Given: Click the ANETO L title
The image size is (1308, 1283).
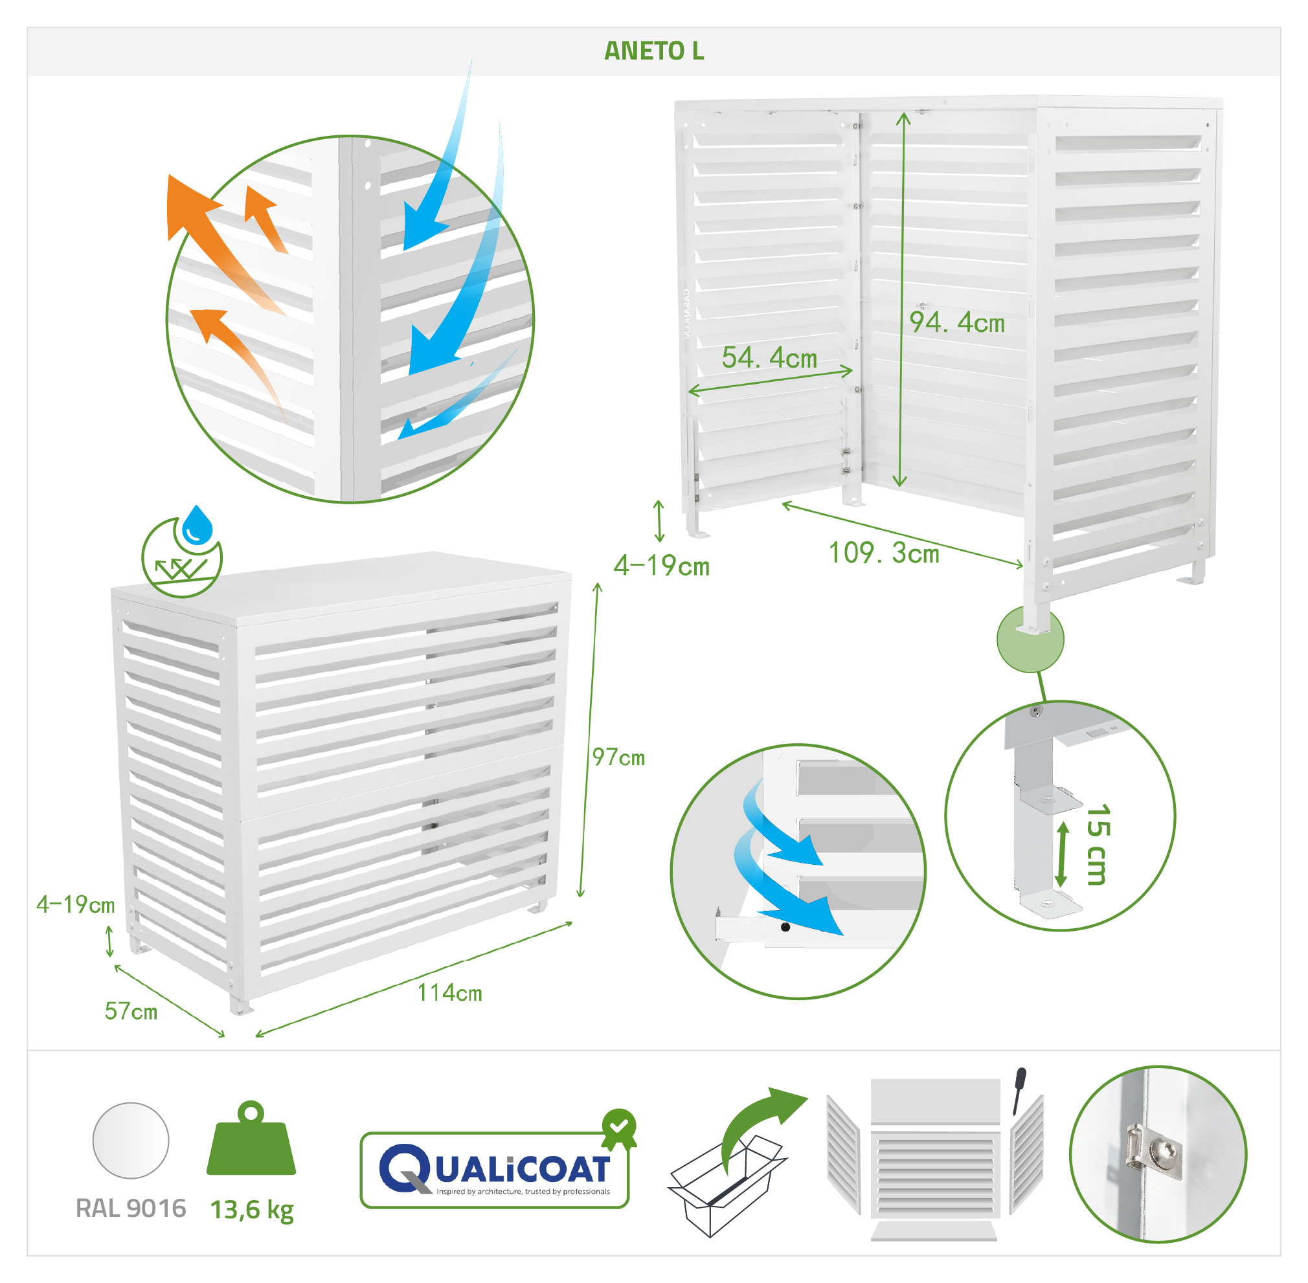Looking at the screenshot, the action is click(x=653, y=51).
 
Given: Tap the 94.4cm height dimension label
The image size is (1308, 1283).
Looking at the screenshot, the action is click(x=957, y=323).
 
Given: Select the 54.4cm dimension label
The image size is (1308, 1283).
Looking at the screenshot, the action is click(x=769, y=358).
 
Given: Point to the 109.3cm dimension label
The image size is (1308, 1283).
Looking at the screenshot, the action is click(x=883, y=553).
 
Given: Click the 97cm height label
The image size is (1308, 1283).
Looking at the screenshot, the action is click(x=618, y=757).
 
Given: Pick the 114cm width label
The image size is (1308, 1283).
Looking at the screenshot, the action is click(x=449, y=992).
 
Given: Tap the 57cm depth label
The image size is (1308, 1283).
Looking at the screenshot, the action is click(x=131, y=1011).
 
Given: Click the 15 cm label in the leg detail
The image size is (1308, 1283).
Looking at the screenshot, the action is click(x=1098, y=844).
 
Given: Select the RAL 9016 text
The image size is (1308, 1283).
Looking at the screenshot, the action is click(x=131, y=1208).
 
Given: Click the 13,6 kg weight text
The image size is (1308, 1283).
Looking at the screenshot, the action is click(x=252, y=1210).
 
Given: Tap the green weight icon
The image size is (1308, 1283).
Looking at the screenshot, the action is click(x=251, y=1139).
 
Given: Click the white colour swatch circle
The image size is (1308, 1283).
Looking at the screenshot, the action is click(x=131, y=1141).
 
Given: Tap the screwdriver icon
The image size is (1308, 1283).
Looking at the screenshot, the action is click(x=1019, y=1091).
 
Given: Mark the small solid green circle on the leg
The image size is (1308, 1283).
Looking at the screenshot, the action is click(x=1030, y=638).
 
